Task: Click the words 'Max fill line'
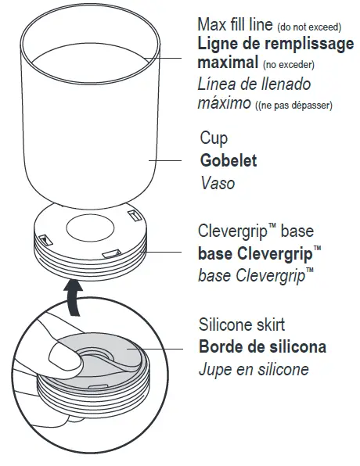point(232,25)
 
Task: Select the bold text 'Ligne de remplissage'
point(275,44)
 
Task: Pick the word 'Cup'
point(213,139)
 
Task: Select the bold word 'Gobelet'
point(228,162)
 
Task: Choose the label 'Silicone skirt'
point(243,324)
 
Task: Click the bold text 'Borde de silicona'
point(262,346)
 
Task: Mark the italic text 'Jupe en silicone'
point(254,369)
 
